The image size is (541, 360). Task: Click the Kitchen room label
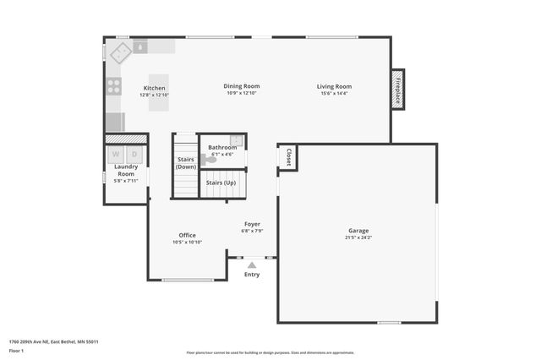(x=154, y=88)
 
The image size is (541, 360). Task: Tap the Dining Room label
(x=241, y=86)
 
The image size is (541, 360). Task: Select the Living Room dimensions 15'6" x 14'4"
(x=334, y=94)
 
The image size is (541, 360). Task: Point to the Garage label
(x=358, y=231)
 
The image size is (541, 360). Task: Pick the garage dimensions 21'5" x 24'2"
(x=358, y=238)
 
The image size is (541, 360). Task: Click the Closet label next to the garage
(x=288, y=157)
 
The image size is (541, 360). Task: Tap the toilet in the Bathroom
(x=209, y=159)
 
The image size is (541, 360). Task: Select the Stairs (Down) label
(x=186, y=163)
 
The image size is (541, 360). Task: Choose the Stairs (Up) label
(x=221, y=183)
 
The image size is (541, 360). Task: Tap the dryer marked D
(x=134, y=155)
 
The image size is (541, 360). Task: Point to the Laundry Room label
(x=126, y=170)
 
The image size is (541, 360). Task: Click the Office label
(x=187, y=235)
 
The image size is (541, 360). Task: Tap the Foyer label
(x=252, y=224)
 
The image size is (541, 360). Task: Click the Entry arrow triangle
(x=252, y=265)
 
